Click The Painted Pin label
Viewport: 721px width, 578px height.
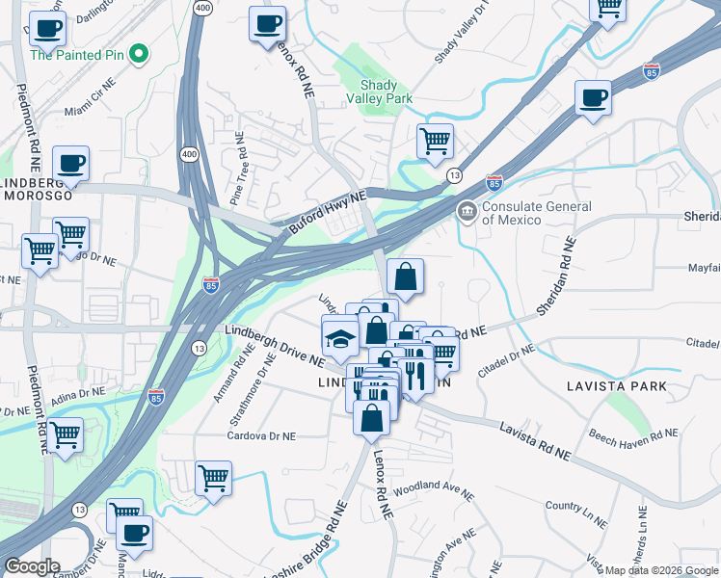pos(77,55)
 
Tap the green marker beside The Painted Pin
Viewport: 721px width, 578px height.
pos(139,54)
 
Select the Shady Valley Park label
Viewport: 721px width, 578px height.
pos(384,92)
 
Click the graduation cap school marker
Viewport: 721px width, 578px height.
pos(339,338)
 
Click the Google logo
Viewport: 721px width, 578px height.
pos(32,566)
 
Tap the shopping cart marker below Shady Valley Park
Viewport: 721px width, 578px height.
pos(436,141)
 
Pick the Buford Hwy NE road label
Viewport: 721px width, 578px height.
pos(327,213)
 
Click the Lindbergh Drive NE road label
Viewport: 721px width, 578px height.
pos(274,344)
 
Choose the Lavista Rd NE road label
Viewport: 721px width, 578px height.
pos(534,439)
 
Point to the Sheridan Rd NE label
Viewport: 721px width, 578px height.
pos(558,276)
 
